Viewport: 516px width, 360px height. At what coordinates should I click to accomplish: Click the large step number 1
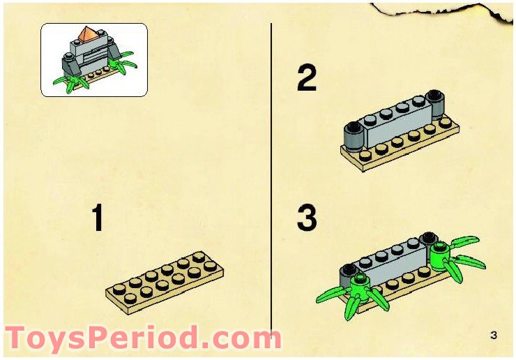click(x=98, y=218)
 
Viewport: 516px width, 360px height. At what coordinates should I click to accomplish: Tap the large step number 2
click(x=308, y=77)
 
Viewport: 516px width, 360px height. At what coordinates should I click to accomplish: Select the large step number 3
click(x=308, y=218)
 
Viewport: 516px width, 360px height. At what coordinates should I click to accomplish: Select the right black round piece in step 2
click(x=436, y=105)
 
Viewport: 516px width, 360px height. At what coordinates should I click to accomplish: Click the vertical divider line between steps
click(x=271, y=174)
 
